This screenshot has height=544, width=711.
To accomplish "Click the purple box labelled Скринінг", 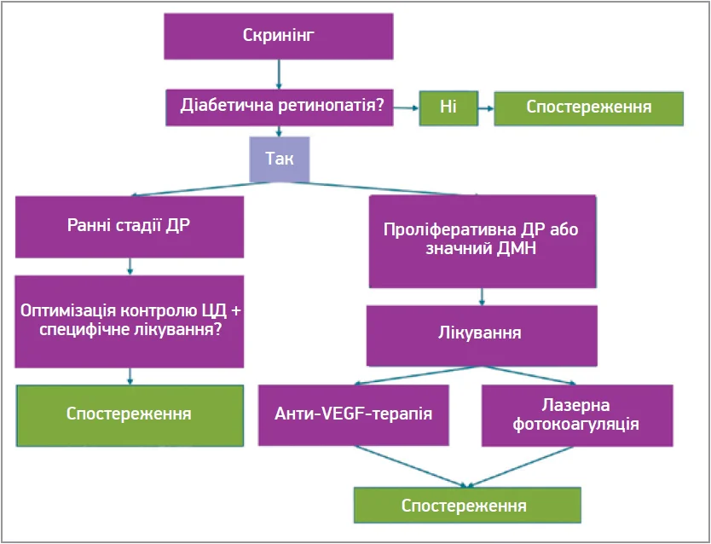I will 279,36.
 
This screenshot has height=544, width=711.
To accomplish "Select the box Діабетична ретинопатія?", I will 279,107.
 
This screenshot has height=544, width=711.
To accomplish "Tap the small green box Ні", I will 447,107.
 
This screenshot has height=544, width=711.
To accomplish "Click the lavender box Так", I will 279,159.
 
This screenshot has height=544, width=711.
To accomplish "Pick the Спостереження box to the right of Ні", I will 589,107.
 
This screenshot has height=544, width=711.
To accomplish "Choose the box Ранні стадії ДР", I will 129,226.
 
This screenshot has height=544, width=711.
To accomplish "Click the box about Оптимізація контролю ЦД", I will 129,320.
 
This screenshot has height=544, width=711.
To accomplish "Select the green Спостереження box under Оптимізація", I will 129,414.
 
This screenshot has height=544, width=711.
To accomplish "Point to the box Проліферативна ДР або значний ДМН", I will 482,241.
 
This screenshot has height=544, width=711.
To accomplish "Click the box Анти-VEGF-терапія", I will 354,414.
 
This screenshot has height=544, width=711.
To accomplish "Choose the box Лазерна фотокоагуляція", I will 576,414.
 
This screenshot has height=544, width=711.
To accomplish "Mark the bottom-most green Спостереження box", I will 467,505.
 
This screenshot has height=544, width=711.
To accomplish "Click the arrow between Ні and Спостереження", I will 483,108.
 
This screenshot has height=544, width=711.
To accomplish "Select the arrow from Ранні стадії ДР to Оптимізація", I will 130,266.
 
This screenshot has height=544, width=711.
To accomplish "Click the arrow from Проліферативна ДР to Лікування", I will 483,297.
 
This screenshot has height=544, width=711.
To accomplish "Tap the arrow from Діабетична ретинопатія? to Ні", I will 407,108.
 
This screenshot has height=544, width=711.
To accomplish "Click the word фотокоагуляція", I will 576,424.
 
